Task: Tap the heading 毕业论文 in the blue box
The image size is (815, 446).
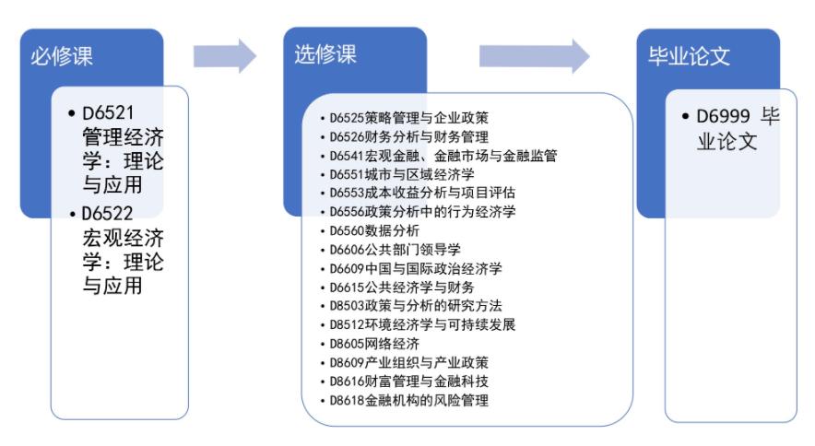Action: coord(690,57)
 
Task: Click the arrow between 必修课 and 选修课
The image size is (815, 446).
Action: coord(224,56)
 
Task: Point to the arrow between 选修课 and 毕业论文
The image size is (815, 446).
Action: coord(534,56)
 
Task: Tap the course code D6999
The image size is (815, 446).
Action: coord(723,120)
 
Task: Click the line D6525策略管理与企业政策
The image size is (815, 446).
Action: coord(408,118)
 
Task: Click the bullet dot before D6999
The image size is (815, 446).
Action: coord(686,121)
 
